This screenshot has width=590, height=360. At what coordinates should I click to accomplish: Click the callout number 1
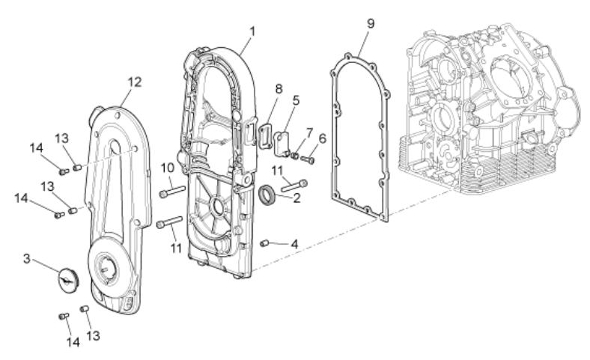click(252, 31)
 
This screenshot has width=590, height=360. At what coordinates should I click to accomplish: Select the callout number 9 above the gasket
click(371, 23)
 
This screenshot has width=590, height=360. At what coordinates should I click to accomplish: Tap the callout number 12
click(134, 82)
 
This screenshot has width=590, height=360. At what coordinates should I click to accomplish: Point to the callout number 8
click(279, 89)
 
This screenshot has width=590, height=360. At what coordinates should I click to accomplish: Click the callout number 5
click(296, 100)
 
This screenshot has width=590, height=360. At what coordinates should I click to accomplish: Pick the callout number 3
click(26, 258)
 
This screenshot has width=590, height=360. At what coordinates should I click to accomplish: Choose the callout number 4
click(294, 244)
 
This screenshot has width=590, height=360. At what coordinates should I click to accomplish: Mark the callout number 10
click(168, 168)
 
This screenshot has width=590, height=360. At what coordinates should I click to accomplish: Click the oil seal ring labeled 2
click(267, 195)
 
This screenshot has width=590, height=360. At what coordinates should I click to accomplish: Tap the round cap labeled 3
click(67, 278)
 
